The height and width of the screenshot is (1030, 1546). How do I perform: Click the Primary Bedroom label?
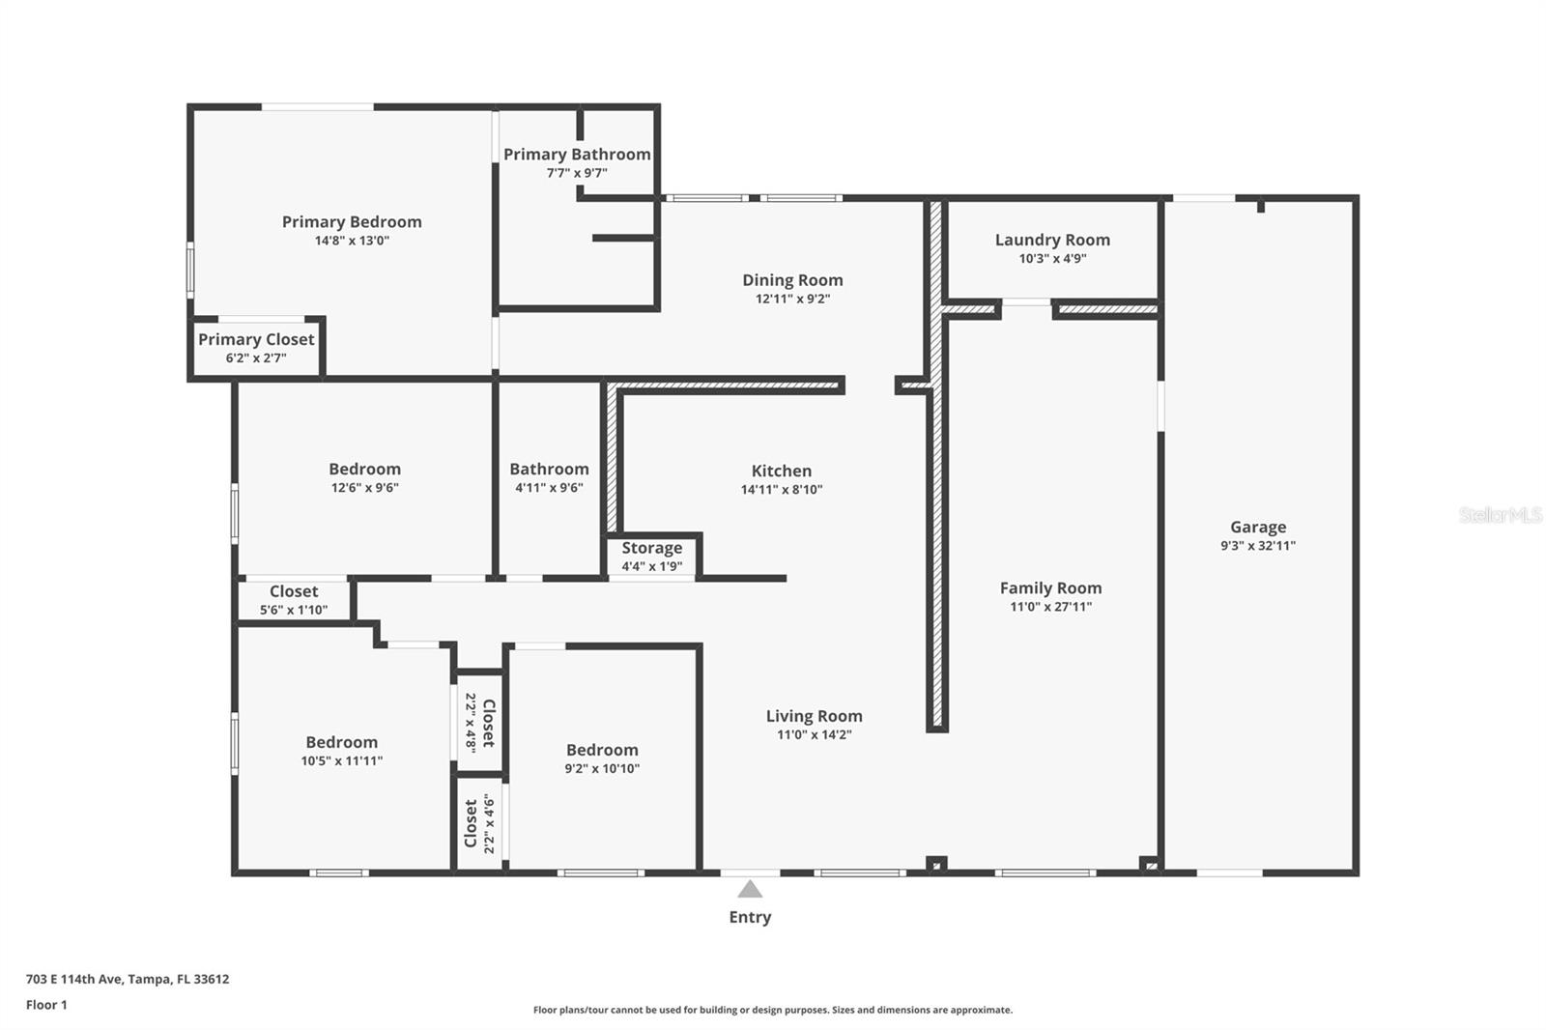(352, 222)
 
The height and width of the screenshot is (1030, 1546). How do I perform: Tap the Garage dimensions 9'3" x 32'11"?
(1257, 546)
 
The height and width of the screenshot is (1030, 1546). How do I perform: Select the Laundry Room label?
(1052, 240)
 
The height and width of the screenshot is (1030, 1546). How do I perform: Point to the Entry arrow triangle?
(750, 889)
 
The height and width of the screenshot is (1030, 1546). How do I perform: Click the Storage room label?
(651, 548)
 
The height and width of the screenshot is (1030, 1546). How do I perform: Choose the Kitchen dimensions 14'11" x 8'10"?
(781, 490)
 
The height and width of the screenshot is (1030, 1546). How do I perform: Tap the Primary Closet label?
(256, 339)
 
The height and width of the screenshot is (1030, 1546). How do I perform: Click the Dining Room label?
(792, 280)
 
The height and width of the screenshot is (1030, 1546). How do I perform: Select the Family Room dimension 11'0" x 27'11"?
(1050, 607)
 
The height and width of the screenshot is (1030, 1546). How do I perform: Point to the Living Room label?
(814, 716)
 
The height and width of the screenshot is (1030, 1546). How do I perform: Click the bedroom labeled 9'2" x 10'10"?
(602, 750)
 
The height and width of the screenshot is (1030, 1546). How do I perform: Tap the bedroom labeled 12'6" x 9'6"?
(364, 470)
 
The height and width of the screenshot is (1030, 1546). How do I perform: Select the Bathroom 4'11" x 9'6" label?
(549, 470)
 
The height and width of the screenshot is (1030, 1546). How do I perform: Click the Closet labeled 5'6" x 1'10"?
(294, 591)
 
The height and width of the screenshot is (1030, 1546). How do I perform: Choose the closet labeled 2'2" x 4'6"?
(478, 823)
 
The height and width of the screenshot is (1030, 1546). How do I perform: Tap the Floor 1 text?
(46, 1005)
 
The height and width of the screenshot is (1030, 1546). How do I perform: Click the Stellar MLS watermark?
(1500, 516)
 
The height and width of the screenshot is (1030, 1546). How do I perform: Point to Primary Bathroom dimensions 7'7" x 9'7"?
(577, 174)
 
